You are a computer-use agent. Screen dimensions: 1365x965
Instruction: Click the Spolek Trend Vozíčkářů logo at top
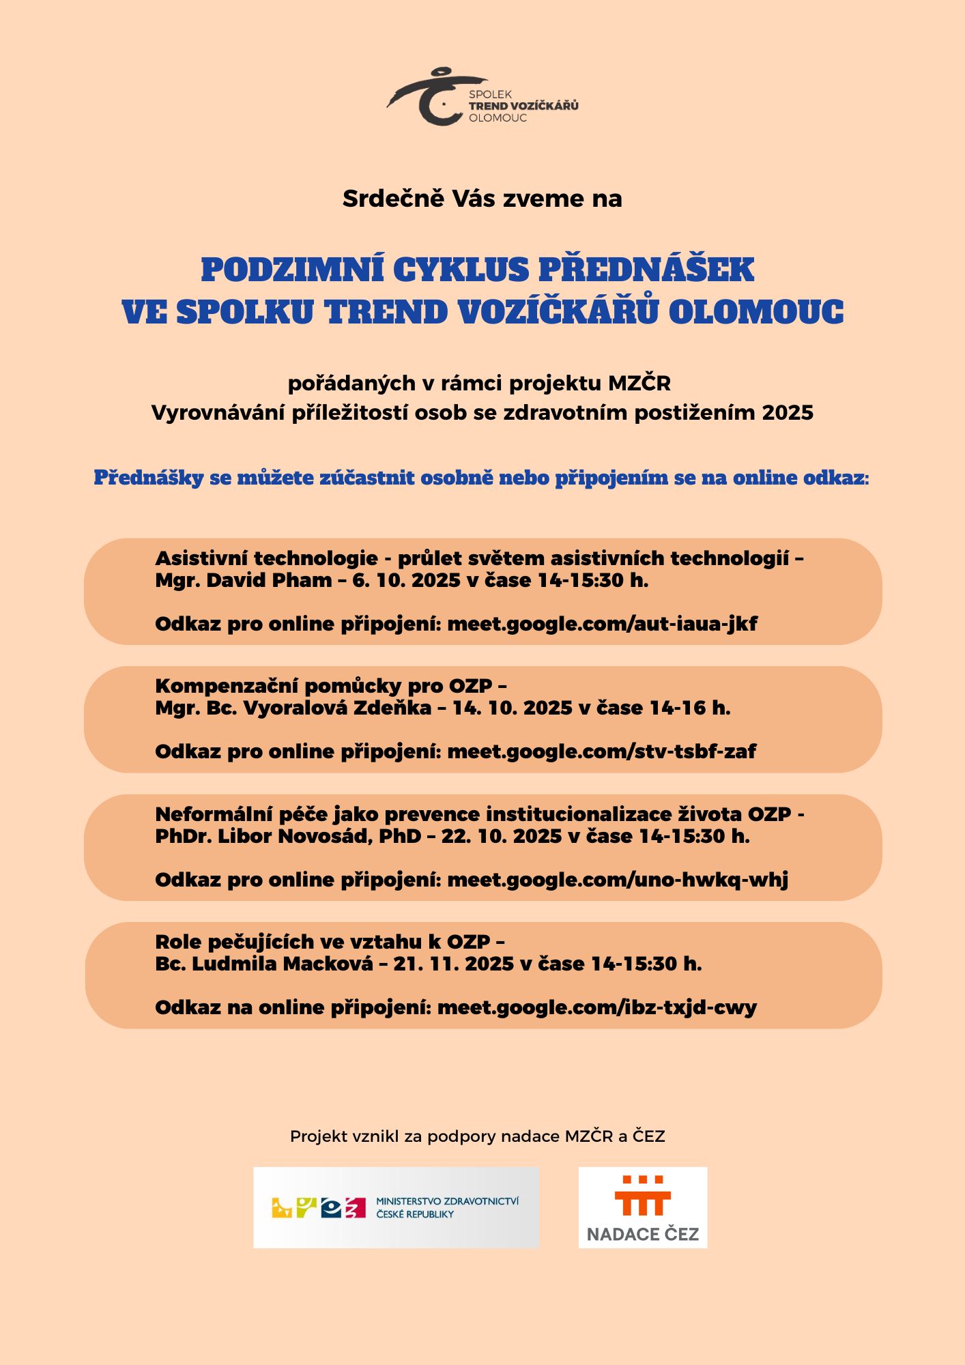tap(482, 98)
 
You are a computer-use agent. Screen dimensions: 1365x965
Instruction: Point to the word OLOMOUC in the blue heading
tap(756, 313)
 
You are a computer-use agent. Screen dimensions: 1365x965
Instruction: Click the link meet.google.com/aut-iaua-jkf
tap(602, 624)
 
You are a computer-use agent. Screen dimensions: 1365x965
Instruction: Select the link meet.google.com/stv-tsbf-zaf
tap(601, 751)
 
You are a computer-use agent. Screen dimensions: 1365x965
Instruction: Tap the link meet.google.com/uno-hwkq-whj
tap(618, 880)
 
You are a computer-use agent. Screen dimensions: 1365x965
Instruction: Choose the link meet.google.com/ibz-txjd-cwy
tap(596, 1007)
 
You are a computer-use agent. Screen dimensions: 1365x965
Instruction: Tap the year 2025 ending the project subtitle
tap(788, 413)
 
